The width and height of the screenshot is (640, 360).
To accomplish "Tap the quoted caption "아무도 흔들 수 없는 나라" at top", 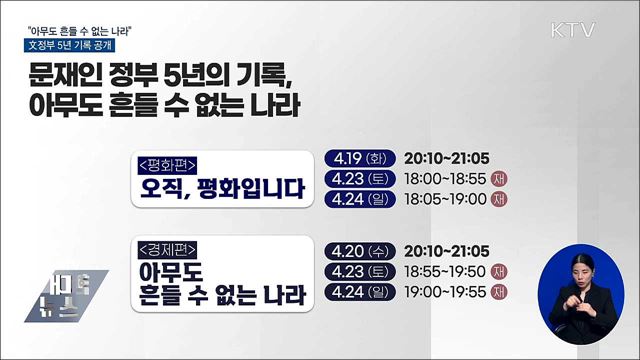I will [x=82, y=27].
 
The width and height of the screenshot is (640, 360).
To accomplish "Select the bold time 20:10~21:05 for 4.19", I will [x=446, y=158].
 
